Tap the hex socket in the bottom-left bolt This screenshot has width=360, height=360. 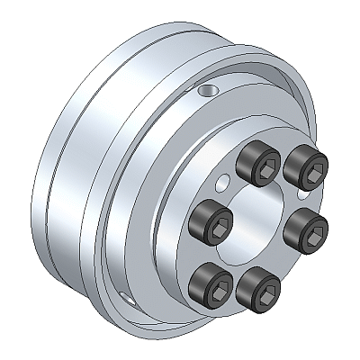pos(217,279)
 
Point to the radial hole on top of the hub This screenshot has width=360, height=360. pos(209,91)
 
